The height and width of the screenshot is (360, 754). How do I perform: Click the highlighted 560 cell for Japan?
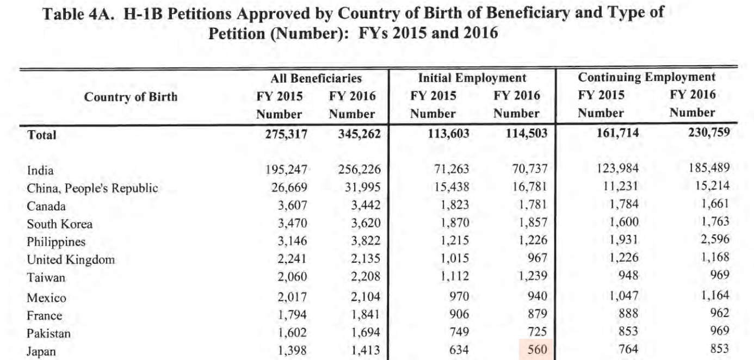click(537, 350)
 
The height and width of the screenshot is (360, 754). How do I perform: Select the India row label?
click(40, 170)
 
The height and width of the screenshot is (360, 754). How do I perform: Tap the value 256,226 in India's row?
click(359, 169)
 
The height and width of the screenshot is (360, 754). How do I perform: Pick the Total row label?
click(41, 135)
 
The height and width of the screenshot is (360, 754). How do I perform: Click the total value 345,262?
click(359, 134)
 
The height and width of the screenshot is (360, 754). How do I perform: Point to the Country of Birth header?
click(131, 97)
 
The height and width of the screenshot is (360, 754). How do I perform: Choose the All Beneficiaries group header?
click(316, 78)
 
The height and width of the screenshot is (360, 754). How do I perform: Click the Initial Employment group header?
click(472, 78)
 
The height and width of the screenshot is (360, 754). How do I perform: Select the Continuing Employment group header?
click(647, 77)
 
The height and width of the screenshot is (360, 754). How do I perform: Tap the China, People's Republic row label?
click(92, 188)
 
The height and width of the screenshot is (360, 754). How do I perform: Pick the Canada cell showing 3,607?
click(292, 205)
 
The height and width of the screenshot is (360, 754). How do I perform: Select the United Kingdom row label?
click(71, 260)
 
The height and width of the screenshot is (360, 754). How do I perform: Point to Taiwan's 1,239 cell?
click(533, 276)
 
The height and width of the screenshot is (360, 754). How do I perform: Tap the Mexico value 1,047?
click(624, 295)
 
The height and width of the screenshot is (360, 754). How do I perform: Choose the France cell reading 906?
click(459, 314)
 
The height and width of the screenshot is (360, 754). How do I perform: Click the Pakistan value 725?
click(537, 332)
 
